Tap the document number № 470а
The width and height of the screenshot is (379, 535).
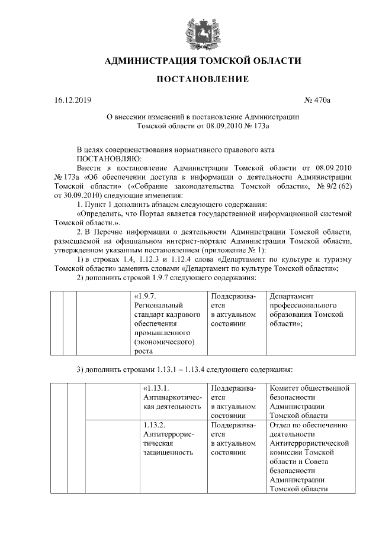pos(319,100)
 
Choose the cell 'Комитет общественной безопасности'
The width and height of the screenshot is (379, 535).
pos(309,401)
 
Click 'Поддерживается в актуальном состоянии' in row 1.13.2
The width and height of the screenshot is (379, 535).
pos(233,439)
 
